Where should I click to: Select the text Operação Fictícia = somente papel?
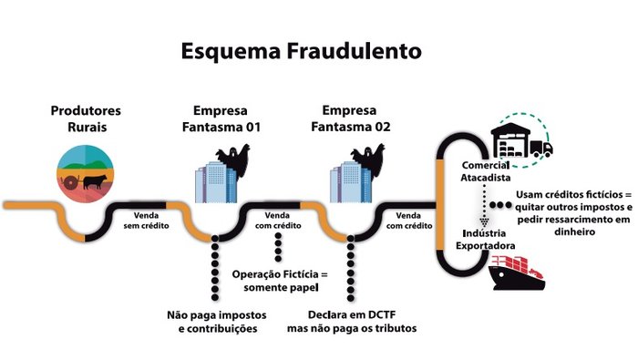(x=279, y=281)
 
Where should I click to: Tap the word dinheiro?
(x=573, y=231)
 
